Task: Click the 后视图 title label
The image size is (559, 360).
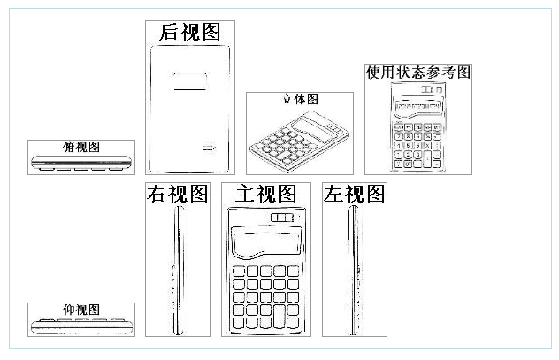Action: [189, 32]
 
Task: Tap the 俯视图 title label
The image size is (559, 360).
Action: [81, 147]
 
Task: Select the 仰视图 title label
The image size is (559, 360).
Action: [81, 310]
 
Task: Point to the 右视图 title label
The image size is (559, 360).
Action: [177, 194]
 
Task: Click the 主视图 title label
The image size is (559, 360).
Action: [266, 194]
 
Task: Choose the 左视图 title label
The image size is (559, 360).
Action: [355, 194]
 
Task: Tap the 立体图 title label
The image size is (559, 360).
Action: [300, 99]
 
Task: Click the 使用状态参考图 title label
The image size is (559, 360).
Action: [418, 73]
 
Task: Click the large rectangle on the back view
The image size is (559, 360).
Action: [190, 81]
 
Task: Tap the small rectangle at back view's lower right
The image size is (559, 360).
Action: [209, 148]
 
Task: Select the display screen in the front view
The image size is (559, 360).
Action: [266, 242]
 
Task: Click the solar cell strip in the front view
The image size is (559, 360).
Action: [282, 218]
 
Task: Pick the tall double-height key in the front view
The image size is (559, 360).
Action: [279, 316]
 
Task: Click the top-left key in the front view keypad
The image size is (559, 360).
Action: [239, 272]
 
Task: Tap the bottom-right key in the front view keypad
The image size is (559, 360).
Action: [293, 323]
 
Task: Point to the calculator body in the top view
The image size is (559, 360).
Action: [81, 163]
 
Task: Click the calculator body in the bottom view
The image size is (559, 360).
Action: [81, 326]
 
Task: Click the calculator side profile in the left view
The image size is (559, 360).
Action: [354, 271]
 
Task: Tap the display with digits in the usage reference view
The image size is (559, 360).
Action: [418, 107]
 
